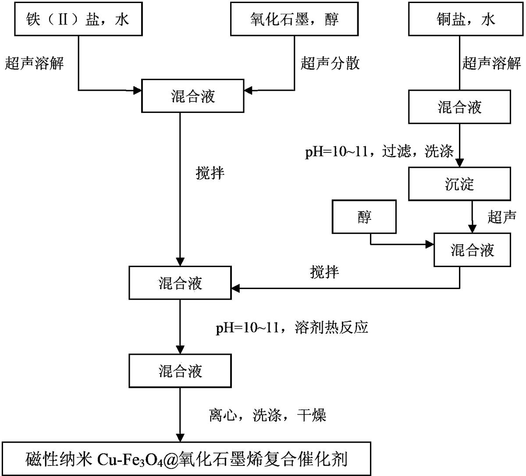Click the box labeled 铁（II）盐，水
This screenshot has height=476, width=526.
(x=78, y=19)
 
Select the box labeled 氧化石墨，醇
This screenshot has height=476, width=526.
(x=294, y=19)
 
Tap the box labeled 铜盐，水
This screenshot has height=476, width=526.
(x=466, y=19)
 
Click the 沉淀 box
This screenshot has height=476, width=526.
(x=459, y=184)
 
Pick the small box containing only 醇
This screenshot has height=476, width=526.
(x=364, y=217)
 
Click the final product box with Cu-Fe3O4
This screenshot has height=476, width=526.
(x=186, y=458)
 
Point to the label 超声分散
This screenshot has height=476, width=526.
(x=330, y=63)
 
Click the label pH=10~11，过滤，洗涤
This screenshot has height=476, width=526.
(x=379, y=151)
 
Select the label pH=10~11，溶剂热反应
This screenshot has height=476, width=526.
(x=292, y=328)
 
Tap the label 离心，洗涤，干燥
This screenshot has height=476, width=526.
(x=268, y=415)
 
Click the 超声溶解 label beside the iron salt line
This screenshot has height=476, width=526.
(x=34, y=63)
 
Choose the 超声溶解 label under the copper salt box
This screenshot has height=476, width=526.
(x=491, y=63)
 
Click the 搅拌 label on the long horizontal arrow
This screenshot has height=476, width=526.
(x=324, y=271)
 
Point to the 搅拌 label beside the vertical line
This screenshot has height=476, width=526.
(x=210, y=173)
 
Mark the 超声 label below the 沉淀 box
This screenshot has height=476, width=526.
(x=502, y=217)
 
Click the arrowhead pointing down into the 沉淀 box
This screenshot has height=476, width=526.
(x=459, y=163)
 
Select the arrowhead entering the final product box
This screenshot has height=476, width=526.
(x=180, y=437)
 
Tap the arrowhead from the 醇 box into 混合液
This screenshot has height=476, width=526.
(x=430, y=244)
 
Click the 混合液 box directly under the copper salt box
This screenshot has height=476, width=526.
(x=459, y=107)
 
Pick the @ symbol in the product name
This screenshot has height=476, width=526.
(x=171, y=459)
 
